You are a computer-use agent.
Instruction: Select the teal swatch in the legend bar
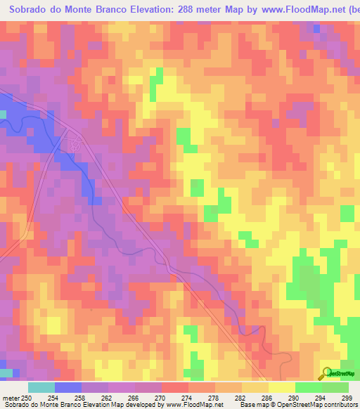(x=41, y=387)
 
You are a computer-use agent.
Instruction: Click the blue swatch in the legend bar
(x=68, y=387)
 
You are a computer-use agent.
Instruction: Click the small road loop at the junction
(x=73, y=144)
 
